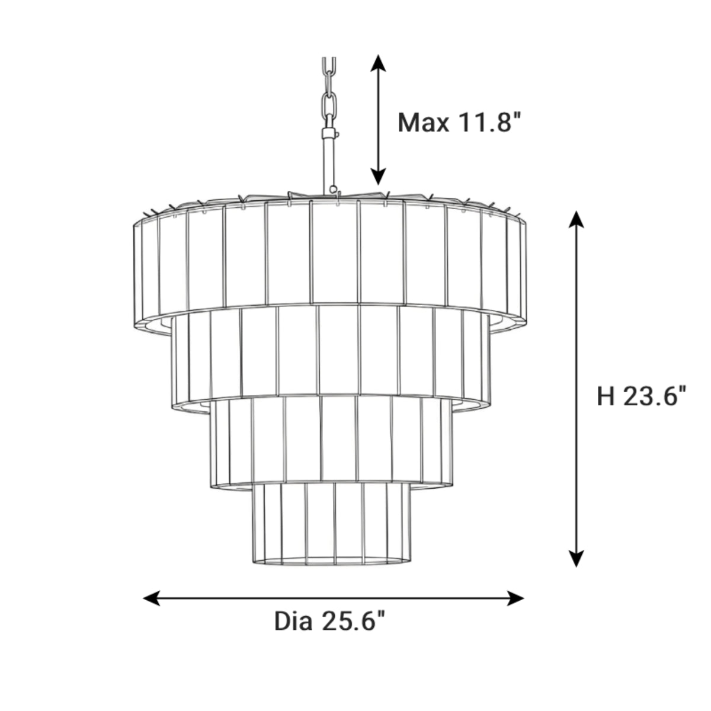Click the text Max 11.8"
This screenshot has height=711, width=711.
[460, 123]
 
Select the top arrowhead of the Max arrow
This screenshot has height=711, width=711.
[379, 62]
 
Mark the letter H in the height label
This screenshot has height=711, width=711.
[606, 396]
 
